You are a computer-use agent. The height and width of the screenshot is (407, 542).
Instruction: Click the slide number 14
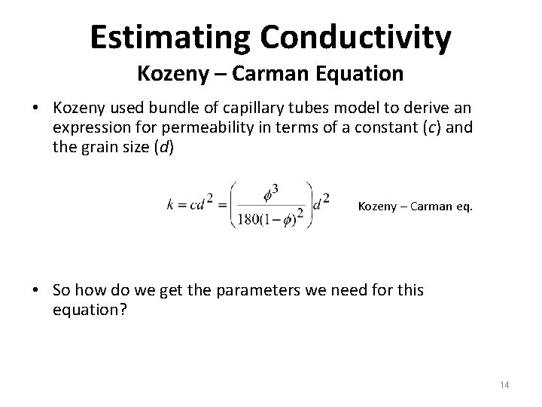click(504, 385)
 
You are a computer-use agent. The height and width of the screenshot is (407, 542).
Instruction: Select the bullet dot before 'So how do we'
click(36, 290)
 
